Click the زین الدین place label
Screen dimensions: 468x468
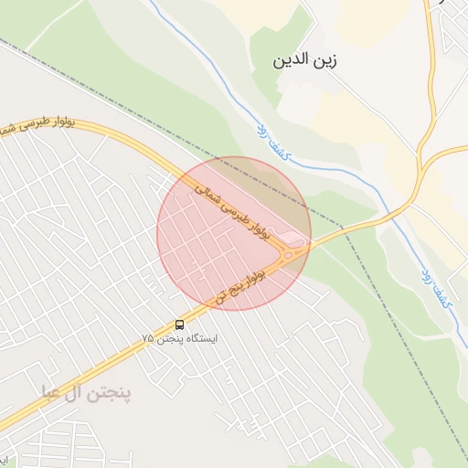coord(305,62)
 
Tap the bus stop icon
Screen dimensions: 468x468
coord(179,324)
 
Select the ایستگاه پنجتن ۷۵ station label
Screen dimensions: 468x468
coord(180,338)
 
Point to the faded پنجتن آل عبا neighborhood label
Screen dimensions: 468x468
coord(86,393)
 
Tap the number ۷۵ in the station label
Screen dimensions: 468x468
coord(148,338)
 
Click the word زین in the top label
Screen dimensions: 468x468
coord(326,62)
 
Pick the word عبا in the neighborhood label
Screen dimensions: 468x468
coord(53,393)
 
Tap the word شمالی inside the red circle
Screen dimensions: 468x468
coord(210,191)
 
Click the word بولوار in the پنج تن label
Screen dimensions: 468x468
coord(260,271)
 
